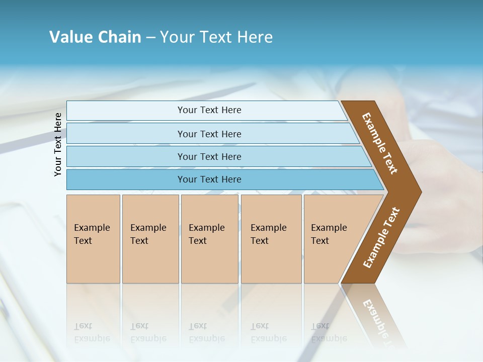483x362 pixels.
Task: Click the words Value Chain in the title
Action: tap(95, 37)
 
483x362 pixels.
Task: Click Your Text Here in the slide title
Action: tap(216, 37)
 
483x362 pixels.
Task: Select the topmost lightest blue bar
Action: tap(209, 110)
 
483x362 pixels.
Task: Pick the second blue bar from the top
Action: tap(209, 134)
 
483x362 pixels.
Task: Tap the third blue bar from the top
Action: tap(209, 156)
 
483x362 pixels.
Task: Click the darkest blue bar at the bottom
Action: tap(209, 179)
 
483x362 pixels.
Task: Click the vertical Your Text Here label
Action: tap(58, 144)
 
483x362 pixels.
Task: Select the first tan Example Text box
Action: tap(93, 239)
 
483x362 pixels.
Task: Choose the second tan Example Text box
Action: tap(150, 239)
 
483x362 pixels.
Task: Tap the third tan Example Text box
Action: tap(209, 239)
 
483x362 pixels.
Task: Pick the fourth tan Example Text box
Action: tap(271, 239)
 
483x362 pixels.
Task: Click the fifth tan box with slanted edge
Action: tap(332, 239)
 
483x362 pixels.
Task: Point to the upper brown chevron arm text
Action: tap(380, 143)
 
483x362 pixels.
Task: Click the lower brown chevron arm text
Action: tap(381, 238)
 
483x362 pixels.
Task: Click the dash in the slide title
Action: tap(150, 38)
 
